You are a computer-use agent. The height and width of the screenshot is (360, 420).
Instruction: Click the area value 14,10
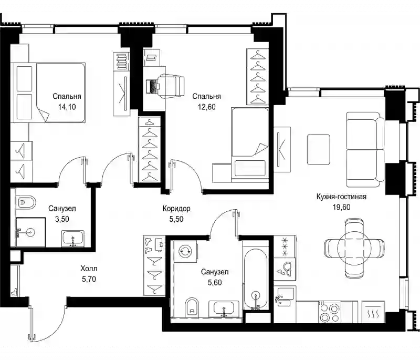point(67,107)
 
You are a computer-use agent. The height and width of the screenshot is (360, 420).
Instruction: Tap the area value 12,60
point(206,107)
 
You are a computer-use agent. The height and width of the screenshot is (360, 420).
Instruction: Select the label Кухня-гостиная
point(341,197)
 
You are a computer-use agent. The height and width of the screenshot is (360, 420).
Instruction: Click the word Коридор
point(176,209)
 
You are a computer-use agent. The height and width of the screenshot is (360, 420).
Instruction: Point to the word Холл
point(89,269)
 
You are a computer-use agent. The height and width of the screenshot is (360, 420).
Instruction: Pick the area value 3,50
point(62,219)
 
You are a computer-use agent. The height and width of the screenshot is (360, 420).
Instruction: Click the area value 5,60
point(215,283)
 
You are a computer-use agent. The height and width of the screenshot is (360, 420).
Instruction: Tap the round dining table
point(354,248)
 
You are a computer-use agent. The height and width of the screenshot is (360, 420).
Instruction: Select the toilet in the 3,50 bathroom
point(25,202)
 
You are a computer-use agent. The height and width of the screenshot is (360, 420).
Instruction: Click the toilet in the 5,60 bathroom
point(192,307)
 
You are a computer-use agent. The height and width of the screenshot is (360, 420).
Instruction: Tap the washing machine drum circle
point(185,251)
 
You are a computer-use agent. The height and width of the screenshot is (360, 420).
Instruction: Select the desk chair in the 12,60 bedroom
point(171,86)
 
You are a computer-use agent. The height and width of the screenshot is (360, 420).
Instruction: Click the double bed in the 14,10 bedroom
point(48,92)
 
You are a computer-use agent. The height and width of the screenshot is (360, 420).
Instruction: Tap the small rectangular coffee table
point(318,149)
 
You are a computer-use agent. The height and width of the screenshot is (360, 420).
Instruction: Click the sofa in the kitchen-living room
point(365,149)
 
